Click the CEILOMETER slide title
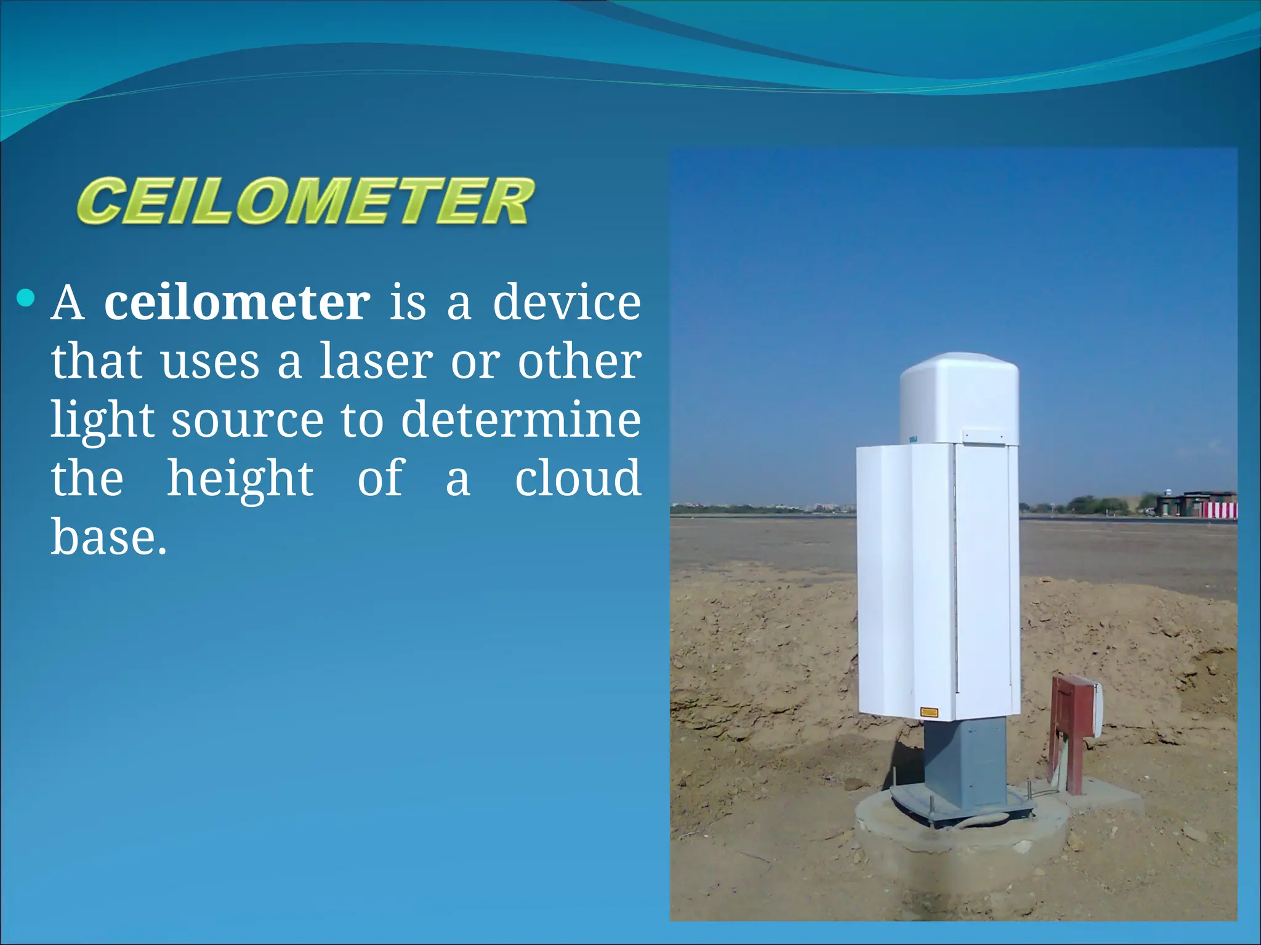[305, 201]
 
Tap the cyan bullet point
[26, 299]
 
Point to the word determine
[521, 420]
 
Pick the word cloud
[578, 478]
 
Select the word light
[102, 421]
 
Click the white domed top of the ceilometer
[959, 394]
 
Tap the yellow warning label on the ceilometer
[929, 712]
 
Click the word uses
[210, 363]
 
